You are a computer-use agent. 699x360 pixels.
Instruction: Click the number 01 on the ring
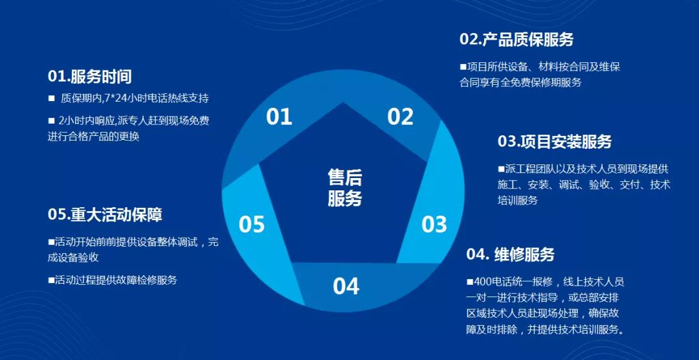[x=279, y=117]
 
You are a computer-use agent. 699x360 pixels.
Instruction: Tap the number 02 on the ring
[x=401, y=117]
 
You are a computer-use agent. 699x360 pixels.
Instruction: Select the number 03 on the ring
[x=434, y=225]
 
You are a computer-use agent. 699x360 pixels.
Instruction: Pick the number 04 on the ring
[x=346, y=286]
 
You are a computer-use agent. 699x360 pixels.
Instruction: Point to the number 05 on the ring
[x=251, y=225]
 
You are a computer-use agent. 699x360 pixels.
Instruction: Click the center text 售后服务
[x=345, y=188]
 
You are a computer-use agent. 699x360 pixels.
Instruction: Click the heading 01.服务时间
[x=89, y=77]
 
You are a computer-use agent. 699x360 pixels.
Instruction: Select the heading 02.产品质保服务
[x=516, y=39]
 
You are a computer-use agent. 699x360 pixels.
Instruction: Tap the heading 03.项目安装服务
[x=555, y=141]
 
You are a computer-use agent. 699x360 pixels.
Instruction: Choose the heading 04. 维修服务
[x=511, y=254]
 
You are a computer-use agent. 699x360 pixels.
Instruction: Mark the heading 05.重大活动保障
[x=105, y=214]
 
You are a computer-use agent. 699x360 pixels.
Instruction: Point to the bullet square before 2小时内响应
[x=51, y=120]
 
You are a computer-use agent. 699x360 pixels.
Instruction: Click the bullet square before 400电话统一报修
[x=470, y=282]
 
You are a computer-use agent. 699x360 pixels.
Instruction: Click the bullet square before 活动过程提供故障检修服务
[x=51, y=280]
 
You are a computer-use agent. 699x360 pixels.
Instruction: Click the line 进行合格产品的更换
[x=94, y=136]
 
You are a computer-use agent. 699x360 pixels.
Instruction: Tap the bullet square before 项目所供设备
[x=463, y=67]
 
